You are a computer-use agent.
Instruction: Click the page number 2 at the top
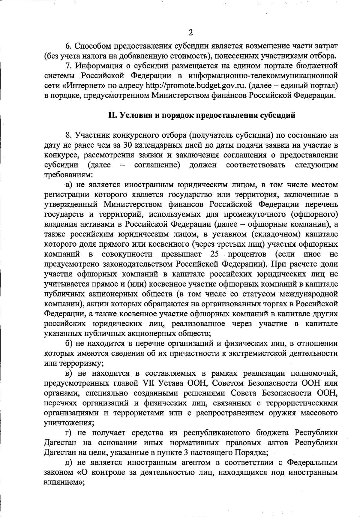pyautogui.click(x=191, y=32)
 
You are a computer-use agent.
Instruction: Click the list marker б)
pyautogui.click(x=69, y=344)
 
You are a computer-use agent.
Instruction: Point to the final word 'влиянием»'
pyautogui.click(x=63, y=482)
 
